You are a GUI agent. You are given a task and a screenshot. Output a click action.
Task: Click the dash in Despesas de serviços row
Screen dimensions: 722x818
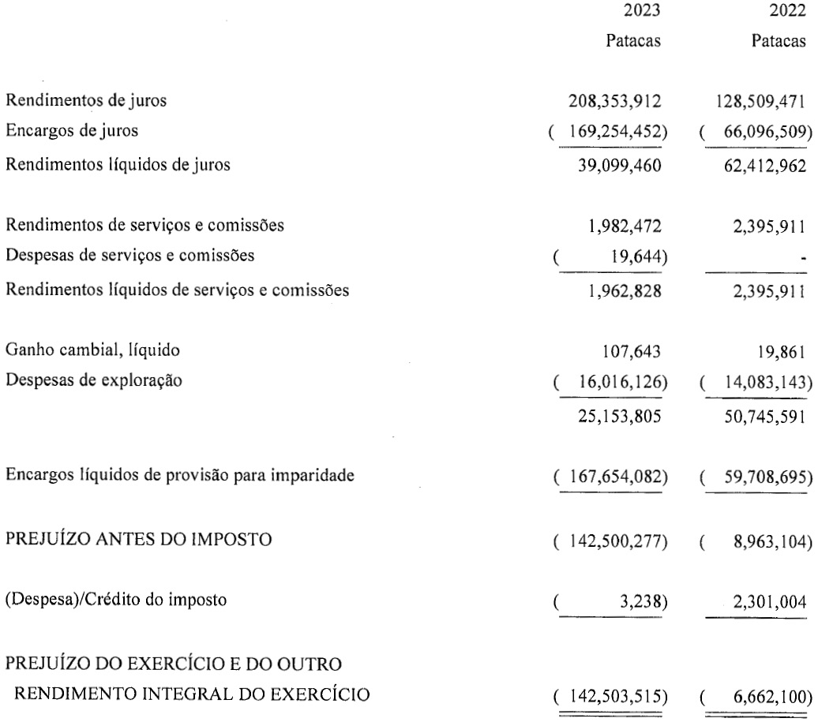click(802, 256)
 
